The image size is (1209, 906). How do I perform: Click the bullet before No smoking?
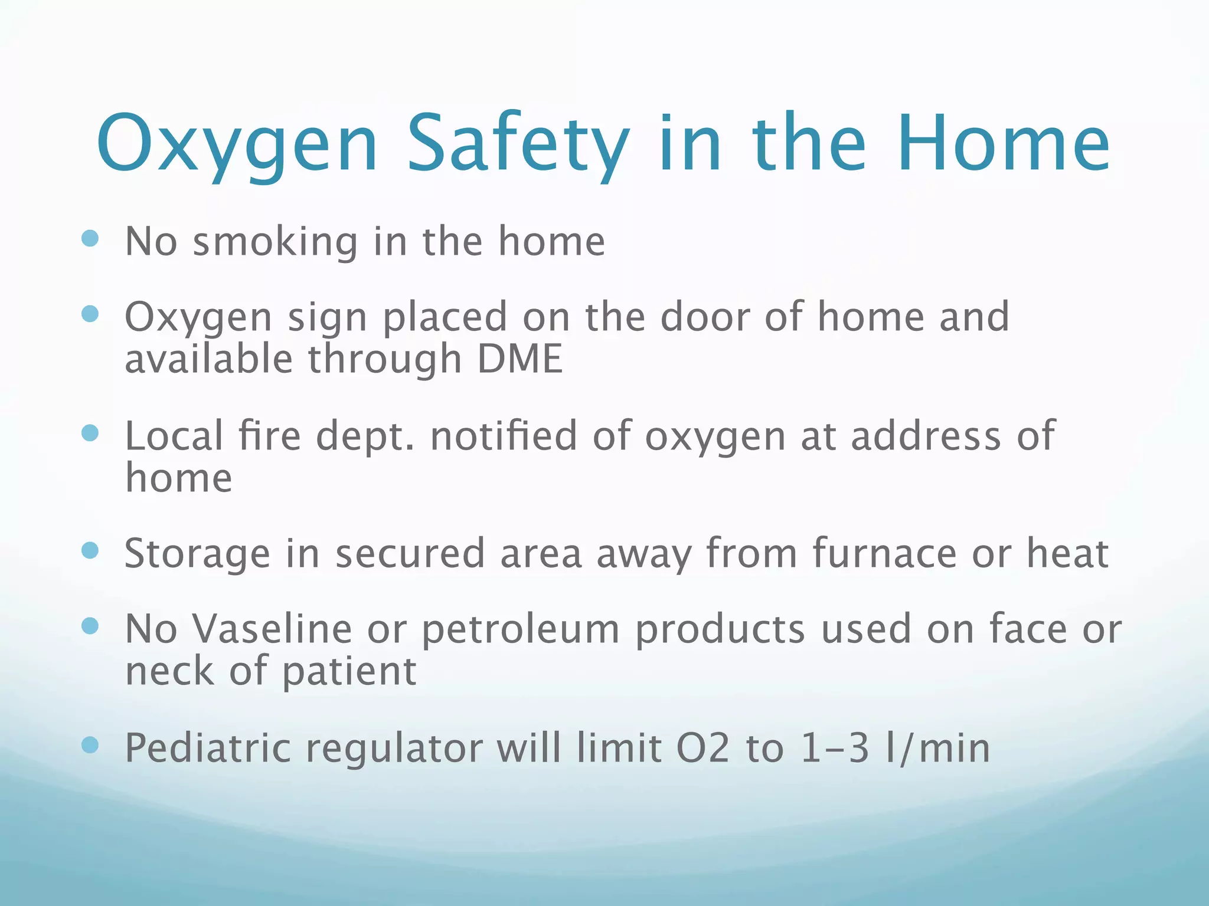(90, 239)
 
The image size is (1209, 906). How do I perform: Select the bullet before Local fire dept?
(90, 434)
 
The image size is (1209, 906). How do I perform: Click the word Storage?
(197, 554)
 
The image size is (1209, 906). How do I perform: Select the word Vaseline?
(272, 629)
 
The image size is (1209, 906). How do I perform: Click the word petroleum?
(520, 630)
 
